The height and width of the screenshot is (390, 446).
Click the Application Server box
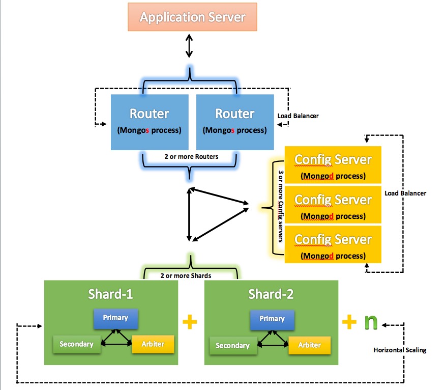pos(193,17)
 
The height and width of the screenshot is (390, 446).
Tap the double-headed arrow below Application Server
pos(190,46)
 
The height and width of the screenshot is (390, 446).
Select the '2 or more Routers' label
pos(191,156)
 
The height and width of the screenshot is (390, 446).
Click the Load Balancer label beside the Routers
pos(298,116)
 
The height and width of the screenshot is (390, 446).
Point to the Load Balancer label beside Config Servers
pos(405,193)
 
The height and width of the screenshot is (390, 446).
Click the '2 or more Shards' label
pos(186,275)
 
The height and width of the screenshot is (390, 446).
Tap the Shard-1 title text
pos(111,294)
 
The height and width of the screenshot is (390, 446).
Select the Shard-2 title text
pos(271,294)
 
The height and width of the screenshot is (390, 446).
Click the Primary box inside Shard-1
pos(115,318)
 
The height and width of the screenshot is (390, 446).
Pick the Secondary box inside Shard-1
pos(76,344)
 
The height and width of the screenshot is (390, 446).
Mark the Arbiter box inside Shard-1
pos(153,344)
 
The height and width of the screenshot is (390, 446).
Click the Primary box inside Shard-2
pos(272,319)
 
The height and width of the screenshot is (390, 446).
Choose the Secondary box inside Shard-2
pos(232,346)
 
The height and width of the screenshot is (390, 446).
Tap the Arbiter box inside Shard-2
pos(309,345)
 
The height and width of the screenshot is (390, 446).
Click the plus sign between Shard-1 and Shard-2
pos(189,322)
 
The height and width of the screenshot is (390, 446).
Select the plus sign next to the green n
pos(349,322)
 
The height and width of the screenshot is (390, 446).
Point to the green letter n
pos(371,323)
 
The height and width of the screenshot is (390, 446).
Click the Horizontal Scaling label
pos(400,350)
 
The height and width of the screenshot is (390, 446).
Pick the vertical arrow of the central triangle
pos(189,214)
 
